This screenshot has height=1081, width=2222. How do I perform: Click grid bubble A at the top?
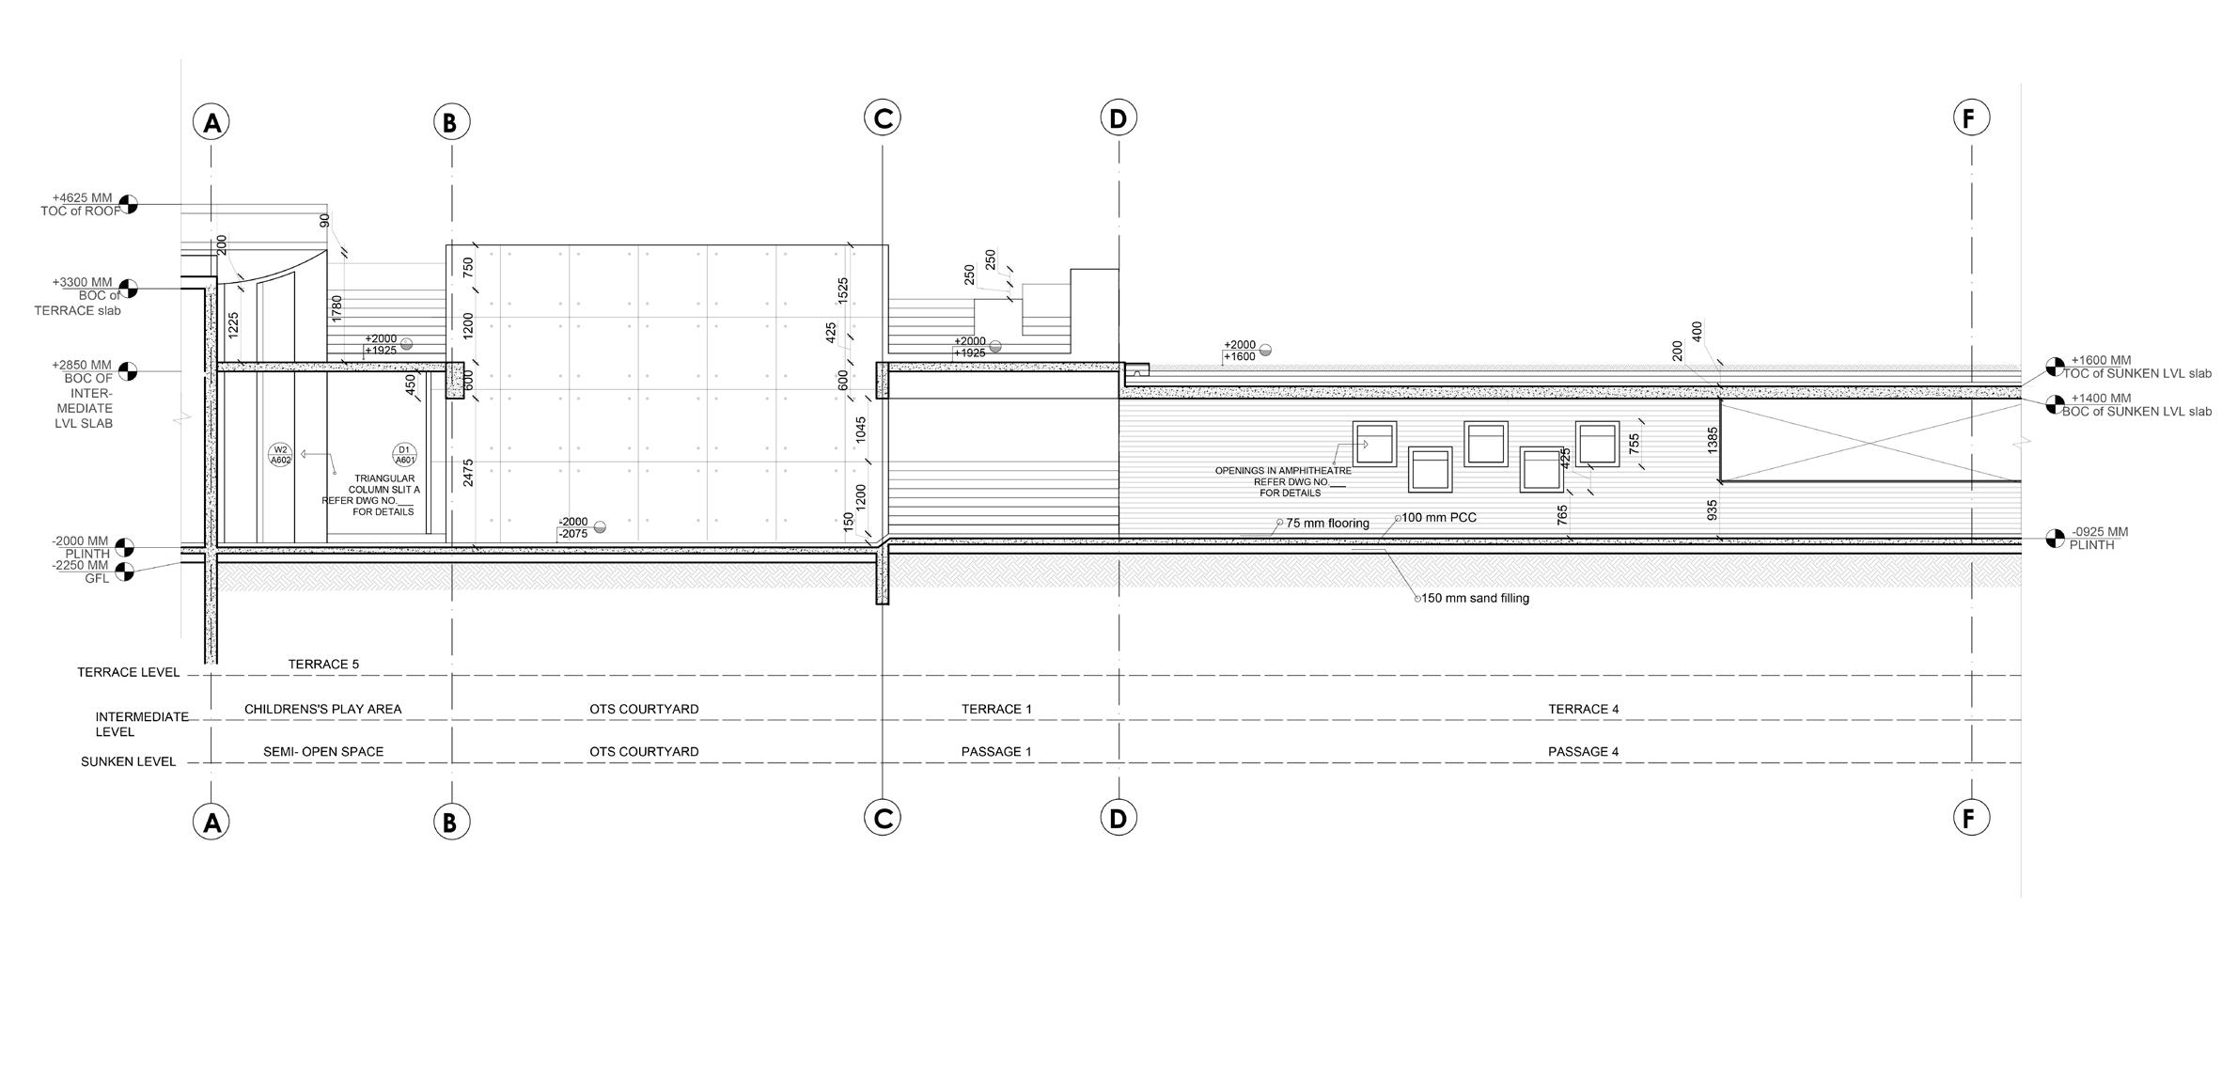(211, 122)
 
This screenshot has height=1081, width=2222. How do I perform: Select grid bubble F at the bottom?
(1969, 818)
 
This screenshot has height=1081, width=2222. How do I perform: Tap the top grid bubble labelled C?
(882, 117)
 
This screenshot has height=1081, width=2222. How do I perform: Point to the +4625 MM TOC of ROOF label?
(82, 204)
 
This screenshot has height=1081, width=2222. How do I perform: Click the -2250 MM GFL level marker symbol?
(124, 571)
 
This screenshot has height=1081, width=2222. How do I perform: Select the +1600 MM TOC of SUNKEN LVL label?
(2136, 367)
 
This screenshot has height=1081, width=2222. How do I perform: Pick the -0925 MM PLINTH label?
(2099, 538)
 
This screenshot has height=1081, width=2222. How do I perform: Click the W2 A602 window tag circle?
(280, 455)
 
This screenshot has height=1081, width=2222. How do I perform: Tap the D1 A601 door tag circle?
(404, 455)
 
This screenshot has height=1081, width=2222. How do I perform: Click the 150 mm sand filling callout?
(1475, 598)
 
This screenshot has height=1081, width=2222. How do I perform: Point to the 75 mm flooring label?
(1327, 523)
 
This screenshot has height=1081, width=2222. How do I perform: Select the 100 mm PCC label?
(1439, 517)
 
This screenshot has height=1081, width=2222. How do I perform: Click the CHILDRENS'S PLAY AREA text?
(322, 709)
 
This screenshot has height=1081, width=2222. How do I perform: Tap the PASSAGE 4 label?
(1583, 751)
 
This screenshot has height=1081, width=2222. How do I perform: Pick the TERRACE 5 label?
(323, 664)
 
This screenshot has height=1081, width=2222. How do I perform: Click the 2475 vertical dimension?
(468, 472)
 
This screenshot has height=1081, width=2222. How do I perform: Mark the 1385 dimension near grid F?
(1713, 440)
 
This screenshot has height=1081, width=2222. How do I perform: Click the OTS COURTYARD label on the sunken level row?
(644, 751)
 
